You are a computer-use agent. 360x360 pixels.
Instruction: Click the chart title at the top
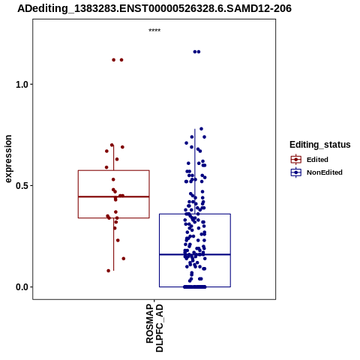pos(154,8)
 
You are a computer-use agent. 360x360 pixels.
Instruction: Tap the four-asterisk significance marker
pos(154,31)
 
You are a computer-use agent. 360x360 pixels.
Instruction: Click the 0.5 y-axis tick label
pos(21,186)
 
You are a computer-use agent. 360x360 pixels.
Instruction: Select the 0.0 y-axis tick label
pos(21,287)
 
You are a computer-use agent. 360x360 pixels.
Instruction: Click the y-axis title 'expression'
pos(8,159)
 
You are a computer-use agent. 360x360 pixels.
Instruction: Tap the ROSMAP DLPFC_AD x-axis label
pos(154,328)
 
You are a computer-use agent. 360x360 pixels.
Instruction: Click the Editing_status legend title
pos(320,145)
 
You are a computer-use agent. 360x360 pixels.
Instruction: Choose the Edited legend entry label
pos(317,160)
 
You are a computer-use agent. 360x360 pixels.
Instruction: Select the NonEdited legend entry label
pos(325,172)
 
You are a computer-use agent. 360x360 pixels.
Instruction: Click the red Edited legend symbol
pos(296,160)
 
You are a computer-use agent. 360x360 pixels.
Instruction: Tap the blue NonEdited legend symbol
pos(296,172)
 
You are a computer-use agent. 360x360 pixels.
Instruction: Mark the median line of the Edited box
pos(114,196)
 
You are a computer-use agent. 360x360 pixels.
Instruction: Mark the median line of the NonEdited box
pos(195,254)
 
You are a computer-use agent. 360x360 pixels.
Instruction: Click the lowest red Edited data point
pos(109,271)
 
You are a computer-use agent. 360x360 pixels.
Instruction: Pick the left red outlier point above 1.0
pos(114,60)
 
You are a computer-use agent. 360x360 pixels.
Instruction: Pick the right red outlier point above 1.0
pos(121,60)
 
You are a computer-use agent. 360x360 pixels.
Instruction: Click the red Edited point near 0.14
pos(124,259)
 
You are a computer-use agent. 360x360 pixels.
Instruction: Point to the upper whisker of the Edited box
pos(114,157)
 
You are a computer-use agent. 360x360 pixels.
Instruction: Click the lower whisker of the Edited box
pos(114,244)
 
